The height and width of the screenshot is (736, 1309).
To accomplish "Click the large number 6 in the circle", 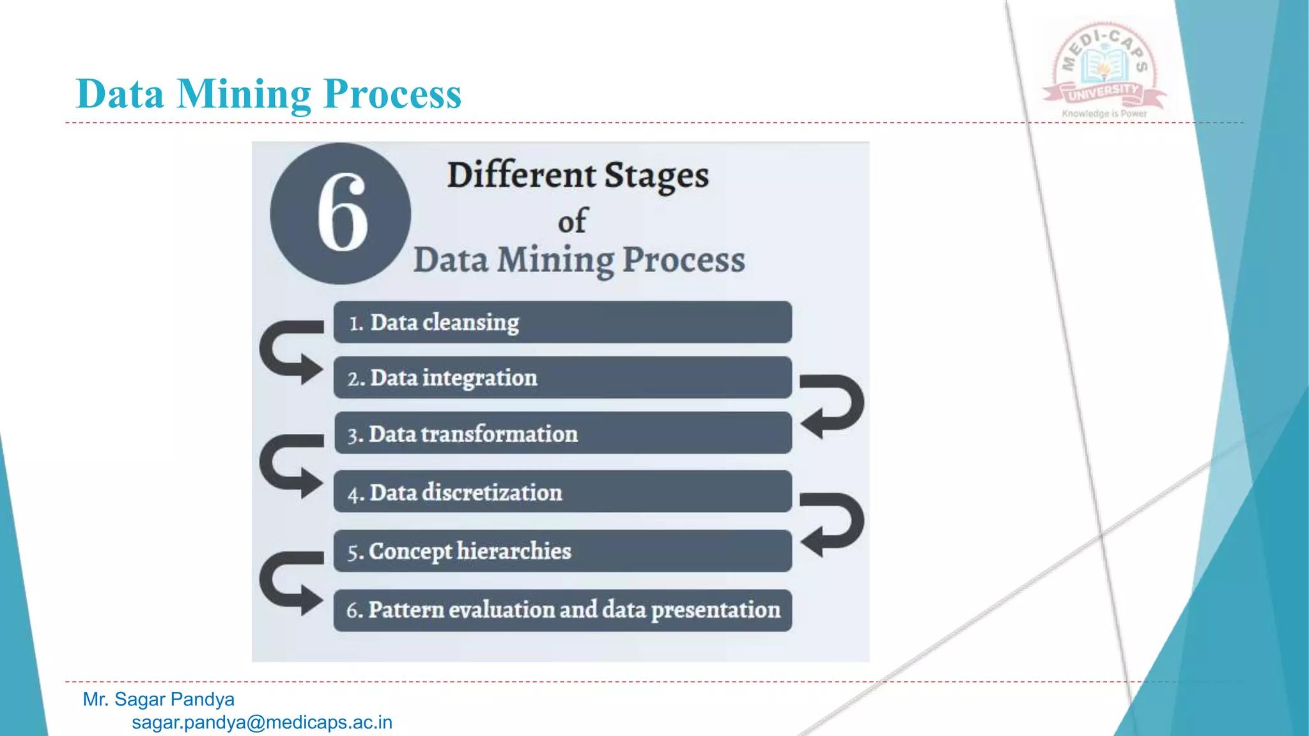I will (342, 213).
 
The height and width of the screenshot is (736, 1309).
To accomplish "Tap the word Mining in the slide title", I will (244, 95).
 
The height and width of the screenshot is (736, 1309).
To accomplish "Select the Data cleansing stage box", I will (562, 322).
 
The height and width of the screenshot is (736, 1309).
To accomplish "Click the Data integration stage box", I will (562, 378).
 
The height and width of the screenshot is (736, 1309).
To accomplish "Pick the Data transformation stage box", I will (562, 433).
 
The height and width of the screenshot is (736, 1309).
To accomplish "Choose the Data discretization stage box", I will (562, 492).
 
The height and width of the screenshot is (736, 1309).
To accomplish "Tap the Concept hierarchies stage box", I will (562, 551).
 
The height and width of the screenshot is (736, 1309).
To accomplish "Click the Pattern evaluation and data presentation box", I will (562, 610).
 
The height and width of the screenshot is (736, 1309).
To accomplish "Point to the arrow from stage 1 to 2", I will (288, 352).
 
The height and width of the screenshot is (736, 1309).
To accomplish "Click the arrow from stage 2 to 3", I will (834, 405).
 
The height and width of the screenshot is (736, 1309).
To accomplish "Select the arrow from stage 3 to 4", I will (288, 466).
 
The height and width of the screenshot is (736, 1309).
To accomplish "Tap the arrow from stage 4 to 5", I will (834, 523).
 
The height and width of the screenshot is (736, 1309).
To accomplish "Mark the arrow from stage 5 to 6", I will (288, 583).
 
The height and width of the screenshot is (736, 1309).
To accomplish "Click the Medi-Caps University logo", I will (1104, 67).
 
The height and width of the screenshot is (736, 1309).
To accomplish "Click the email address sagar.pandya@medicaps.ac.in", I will (262, 723).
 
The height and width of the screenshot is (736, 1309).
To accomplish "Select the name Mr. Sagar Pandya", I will (159, 699).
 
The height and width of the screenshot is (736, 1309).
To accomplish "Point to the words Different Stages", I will (578, 176).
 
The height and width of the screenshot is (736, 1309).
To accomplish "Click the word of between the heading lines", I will (571, 221).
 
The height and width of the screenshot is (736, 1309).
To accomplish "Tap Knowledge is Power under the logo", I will (1104, 114).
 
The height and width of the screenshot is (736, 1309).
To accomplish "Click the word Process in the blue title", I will (392, 95).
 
